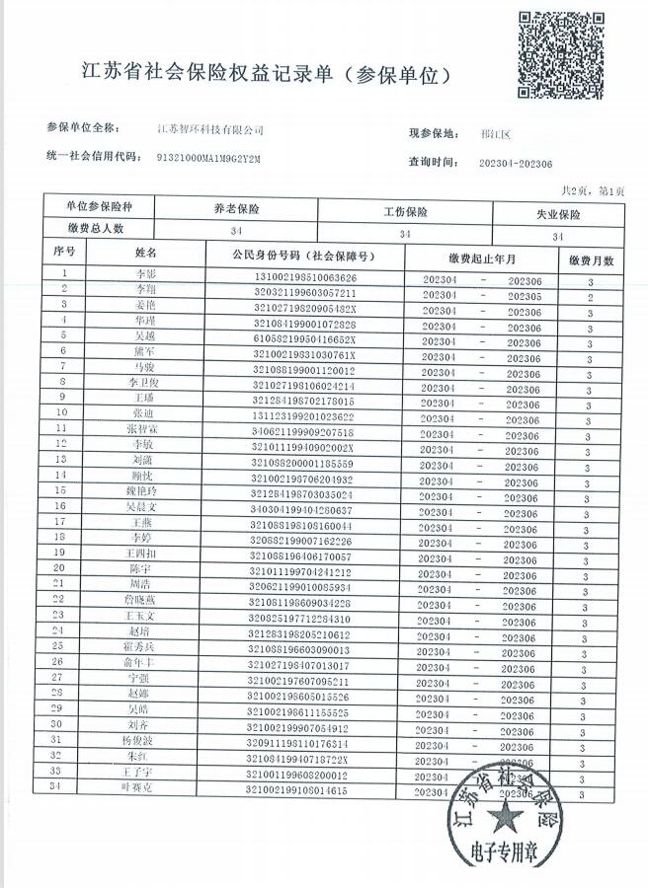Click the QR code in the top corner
tap(563, 54)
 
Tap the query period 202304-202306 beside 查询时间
tap(515, 164)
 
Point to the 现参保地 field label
tap(435, 133)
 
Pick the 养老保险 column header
tap(236, 210)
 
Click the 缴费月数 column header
tap(592, 260)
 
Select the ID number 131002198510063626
tap(306, 278)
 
